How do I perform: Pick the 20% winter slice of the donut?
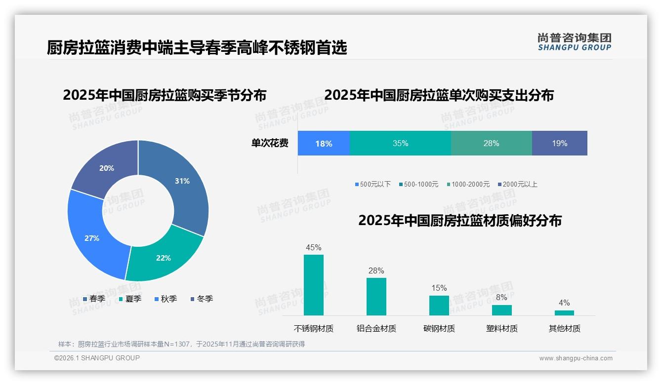coord(107,168)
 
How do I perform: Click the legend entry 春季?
coord(94,299)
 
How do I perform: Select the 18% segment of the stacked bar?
coord(324,144)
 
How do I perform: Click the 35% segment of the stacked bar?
coord(400,144)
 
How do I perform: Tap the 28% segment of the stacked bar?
coord(491,144)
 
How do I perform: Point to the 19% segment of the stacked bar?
coord(559,144)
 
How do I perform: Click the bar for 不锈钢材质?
coord(314,285)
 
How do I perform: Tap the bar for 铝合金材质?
coord(376,296)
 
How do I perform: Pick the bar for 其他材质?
coord(564,312)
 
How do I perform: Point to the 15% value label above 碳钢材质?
coord(439,288)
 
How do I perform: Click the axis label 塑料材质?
coord(501,328)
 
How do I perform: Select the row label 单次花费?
coord(270,144)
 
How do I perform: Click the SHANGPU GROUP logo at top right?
coord(574,42)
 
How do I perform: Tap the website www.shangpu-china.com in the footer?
coord(576,358)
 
